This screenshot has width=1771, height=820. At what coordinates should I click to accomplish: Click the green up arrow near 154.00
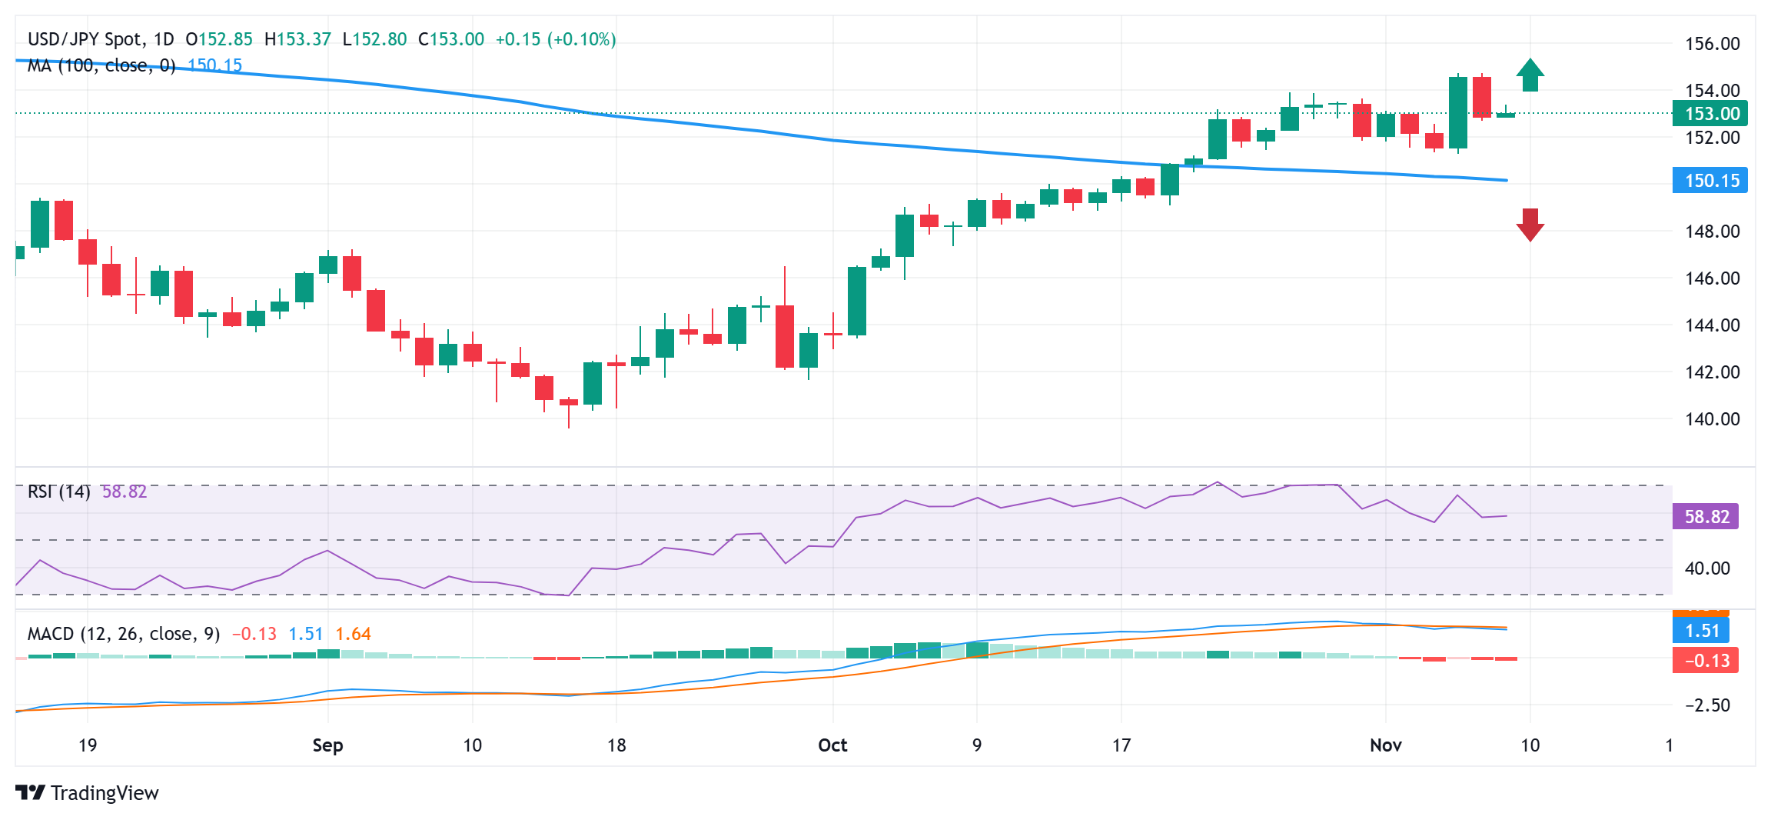tap(1530, 75)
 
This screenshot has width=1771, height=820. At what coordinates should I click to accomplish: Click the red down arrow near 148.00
tap(1530, 225)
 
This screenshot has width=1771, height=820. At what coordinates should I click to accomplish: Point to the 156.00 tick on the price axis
tap(1712, 44)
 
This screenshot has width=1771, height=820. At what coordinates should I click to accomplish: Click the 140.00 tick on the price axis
tap(1712, 419)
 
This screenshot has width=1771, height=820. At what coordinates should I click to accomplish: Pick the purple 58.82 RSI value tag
tap(1706, 517)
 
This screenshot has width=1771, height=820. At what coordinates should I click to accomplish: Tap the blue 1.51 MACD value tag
tap(1701, 632)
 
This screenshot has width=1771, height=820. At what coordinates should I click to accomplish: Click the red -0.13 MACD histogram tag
tap(1706, 661)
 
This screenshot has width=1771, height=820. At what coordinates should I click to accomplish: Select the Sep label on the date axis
tap(327, 745)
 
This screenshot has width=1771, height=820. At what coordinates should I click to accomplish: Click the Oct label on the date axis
tap(832, 745)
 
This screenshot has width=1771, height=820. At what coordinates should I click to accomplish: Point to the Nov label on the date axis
tap(1386, 745)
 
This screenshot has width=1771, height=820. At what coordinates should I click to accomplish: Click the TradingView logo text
tap(104, 793)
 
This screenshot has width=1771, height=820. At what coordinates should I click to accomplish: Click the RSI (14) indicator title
tap(58, 492)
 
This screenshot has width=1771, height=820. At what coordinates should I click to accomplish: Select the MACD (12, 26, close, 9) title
tap(124, 634)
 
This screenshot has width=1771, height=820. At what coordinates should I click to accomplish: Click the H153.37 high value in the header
tap(297, 39)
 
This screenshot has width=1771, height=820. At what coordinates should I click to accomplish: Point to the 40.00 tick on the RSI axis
tap(1706, 568)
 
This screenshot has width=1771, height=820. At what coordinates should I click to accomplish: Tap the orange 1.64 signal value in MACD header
tap(353, 634)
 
